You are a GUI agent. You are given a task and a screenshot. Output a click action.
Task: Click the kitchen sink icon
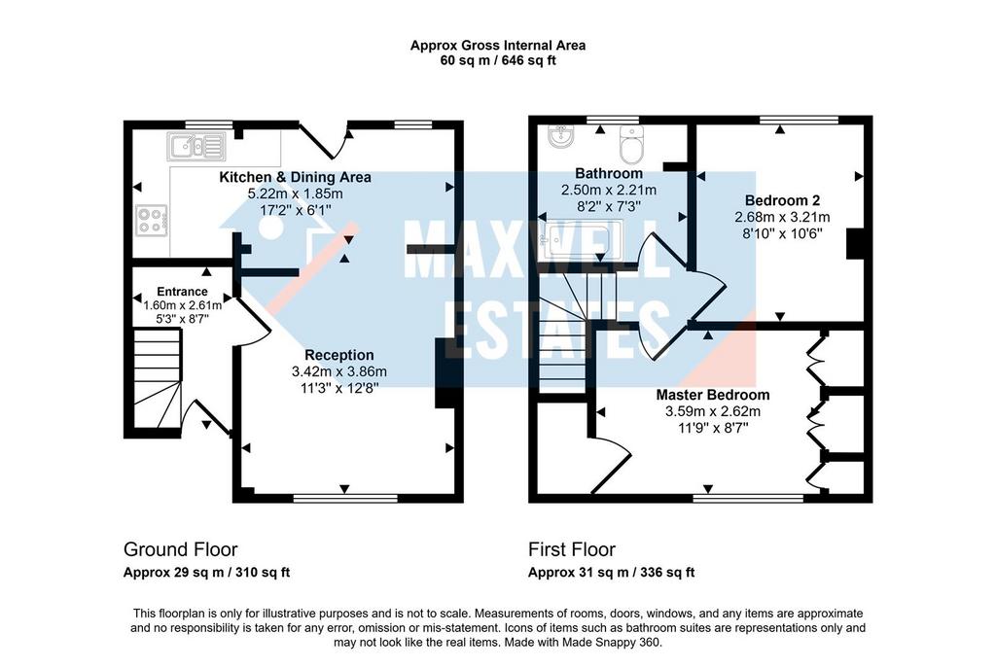click(x=196, y=147)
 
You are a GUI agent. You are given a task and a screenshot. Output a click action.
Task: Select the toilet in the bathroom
click(x=631, y=145)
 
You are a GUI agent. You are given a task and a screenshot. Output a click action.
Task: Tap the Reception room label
click(x=338, y=355)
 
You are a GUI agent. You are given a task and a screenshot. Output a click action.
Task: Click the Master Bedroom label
click(x=712, y=395)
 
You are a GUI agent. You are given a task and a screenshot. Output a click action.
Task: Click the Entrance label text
click(x=182, y=292)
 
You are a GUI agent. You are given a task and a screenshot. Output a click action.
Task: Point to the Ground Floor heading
click(x=180, y=549)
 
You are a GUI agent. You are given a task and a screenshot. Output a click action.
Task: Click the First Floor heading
click(x=572, y=549)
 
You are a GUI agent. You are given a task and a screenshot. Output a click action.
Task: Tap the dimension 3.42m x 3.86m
click(x=338, y=371)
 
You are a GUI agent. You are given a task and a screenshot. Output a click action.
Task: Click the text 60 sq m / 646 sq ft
click(x=497, y=60)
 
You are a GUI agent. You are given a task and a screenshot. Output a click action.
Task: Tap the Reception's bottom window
click(x=345, y=498)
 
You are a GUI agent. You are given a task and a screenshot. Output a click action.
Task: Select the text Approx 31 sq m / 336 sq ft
click(x=611, y=573)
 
